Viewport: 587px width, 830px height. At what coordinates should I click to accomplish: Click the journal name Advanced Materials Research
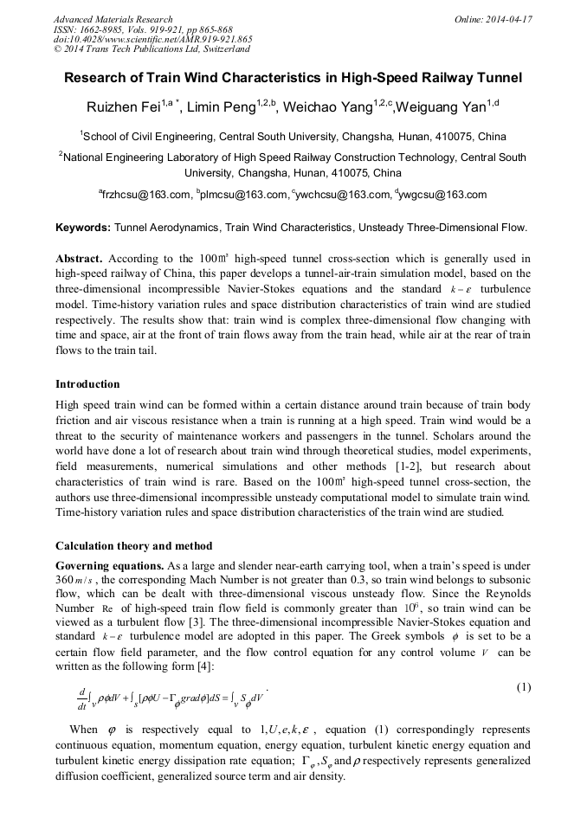click(113, 18)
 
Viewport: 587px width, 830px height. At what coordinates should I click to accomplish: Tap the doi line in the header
click(152, 39)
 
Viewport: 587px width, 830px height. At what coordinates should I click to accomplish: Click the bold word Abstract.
click(81, 259)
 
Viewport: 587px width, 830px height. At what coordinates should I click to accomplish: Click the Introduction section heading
click(87, 383)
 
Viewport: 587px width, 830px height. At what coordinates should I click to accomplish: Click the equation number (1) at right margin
click(523, 687)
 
